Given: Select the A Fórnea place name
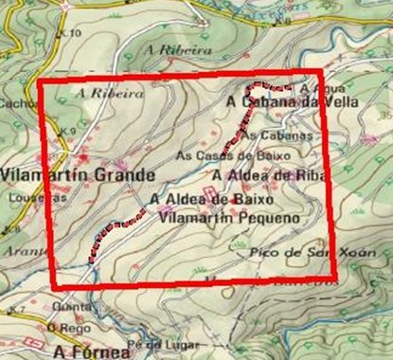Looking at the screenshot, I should pyautogui.click(x=90, y=351).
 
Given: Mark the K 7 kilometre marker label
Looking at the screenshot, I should pyautogui.click(x=16, y=311).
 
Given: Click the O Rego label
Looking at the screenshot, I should pyautogui.click(x=76, y=328).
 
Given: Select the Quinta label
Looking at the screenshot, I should pyautogui.click(x=69, y=306).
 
